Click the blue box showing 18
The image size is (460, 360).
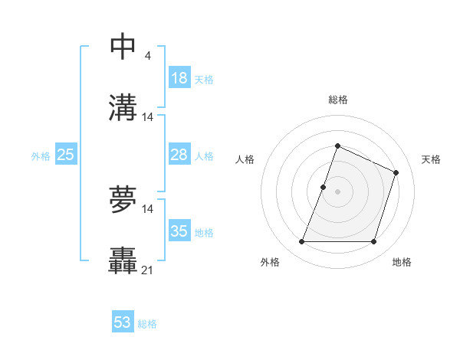coord(179,78)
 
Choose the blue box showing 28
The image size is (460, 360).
coord(179,155)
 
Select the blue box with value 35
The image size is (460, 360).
coord(179,231)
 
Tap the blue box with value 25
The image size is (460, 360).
coord(66,155)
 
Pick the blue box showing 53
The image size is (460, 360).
coord(123,322)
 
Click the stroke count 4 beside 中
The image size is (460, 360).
coord(147,56)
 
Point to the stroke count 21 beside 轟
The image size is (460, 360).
coord(148,270)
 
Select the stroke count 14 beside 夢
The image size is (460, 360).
coord(148,209)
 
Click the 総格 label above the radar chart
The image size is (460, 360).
coord(338,100)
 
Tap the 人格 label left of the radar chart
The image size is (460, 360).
coord(245,159)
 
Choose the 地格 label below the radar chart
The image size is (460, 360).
coord(402,263)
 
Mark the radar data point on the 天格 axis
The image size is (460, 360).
coord(396,172)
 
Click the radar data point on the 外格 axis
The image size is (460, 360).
coord(301,242)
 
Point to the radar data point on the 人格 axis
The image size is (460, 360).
coord(324,187)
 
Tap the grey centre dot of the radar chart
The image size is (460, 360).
coord(338,191)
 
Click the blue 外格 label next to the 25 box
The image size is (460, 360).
coord(41,156)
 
